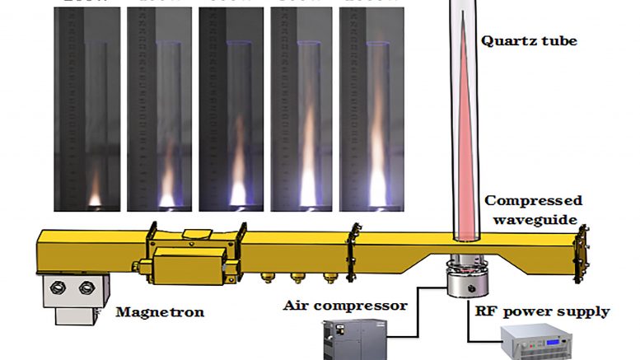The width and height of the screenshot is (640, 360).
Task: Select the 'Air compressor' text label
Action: [346, 306]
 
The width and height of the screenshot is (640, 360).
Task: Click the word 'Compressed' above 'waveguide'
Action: [533, 201]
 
